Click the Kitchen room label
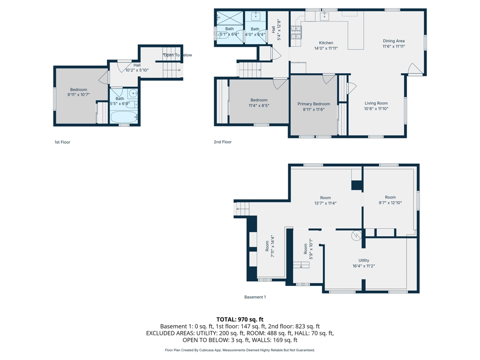pos(326,43)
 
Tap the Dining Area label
pos(394,41)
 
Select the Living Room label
pos(376,103)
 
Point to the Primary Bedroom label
pos(314,104)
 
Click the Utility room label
pos(364,261)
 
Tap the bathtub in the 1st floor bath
pos(124,117)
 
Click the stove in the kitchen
pos(296,32)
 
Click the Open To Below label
pos(178,55)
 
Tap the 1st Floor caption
pos(62,142)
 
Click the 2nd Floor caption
pos(223,142)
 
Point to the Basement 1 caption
pos(255,297)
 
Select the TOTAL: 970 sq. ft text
pos(240,320)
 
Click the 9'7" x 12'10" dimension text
pos(390,202)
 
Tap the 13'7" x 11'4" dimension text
pos(325,203)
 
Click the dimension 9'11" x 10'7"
pos(79,95)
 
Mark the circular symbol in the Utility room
pos(356,235)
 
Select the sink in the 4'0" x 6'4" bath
pos(255,16)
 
